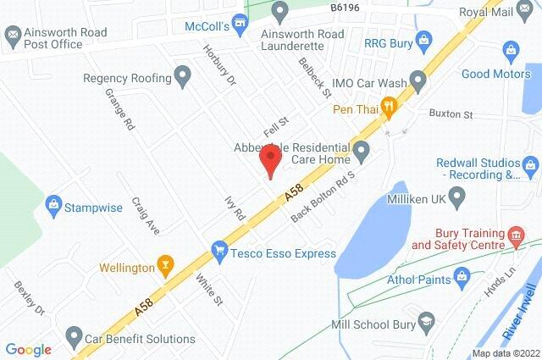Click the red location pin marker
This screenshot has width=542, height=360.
(x=270, y=160)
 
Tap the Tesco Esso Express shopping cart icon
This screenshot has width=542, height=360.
(x=220, y=252)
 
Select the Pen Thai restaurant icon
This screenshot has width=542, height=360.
(x=389, y=107)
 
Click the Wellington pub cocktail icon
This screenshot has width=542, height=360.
(x=166, y=268)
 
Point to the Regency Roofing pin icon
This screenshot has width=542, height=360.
(x=181, y=77)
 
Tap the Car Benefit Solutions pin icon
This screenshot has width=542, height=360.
(x=75, y=338)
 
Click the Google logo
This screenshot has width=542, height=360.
(x=28, y=349)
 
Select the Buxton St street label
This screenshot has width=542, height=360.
(x=449, y=114)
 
